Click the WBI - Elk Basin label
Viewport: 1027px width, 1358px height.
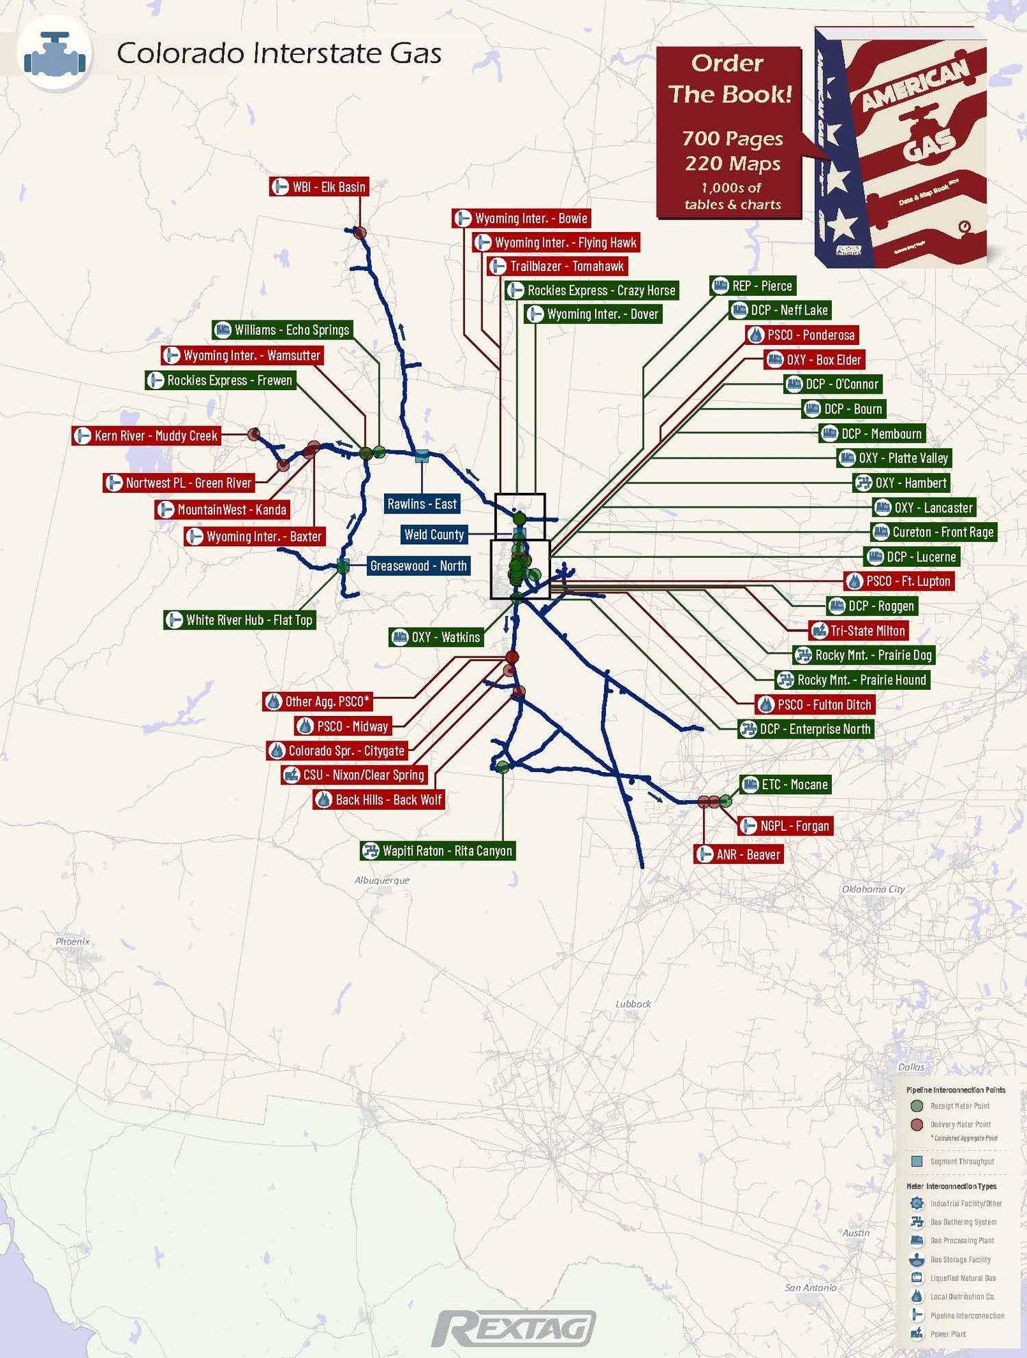point(319,187)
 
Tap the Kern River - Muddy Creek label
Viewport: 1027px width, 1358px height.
point(147,436)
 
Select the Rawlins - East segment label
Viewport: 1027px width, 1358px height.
point(422,504)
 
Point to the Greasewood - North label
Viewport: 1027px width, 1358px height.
point(418,566)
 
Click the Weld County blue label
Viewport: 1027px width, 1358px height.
point(434,535)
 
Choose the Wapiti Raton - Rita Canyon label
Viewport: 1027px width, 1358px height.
point(438,851)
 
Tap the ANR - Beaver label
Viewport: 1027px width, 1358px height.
point(739,854)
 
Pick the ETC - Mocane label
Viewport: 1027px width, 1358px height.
point(786,784)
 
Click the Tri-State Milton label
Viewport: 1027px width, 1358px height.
point(859,630)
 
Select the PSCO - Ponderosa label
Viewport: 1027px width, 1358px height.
point(802,335)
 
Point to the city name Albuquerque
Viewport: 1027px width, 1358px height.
point(382,880)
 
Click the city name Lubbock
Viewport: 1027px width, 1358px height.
point(633,1004)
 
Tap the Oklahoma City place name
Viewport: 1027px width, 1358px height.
point(873,889)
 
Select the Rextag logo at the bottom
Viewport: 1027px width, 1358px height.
point(513,1329)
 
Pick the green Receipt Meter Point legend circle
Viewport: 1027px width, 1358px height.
point(917,1106)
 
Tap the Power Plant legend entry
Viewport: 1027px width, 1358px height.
point(948,1334)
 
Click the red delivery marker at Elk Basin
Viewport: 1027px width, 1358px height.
point(359,233)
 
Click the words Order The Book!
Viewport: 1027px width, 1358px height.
point(729,79)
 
